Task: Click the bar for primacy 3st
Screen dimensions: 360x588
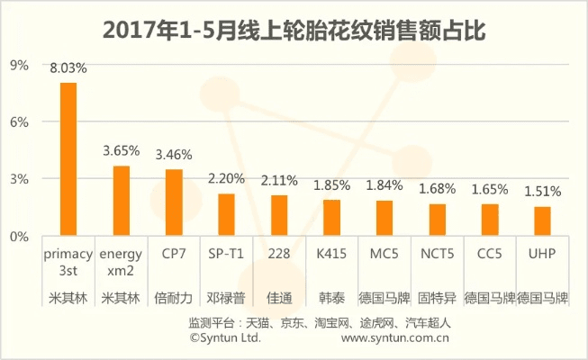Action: [x=68, y=159]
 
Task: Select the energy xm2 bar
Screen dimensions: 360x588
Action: [x=121, y=201]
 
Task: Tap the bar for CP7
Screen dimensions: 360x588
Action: [x=174, y=202]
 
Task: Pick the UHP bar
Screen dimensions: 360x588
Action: [x=542, y=221]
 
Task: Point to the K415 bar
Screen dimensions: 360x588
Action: [x=331, y=218]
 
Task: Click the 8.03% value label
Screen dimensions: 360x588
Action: [x=68, y=67]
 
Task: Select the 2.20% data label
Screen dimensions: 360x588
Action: [x=226, y=178]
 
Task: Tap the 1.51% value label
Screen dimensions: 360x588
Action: [x=543, y=191]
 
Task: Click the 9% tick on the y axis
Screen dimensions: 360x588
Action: [x=20, y=65]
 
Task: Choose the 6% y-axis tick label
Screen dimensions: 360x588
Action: [x=20, y=121]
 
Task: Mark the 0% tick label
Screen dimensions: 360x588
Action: [x=20, y=236]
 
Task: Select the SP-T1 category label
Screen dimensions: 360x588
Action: [x=226, y=255]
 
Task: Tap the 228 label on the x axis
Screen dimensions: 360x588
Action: [x=279, y=255]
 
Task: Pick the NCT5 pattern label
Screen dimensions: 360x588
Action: [x=438, y=255]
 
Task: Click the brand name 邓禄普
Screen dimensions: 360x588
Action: [x=226, y=296]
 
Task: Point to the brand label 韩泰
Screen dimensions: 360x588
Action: [x=331, y=296]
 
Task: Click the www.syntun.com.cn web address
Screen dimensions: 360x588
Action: [x=396, y=338]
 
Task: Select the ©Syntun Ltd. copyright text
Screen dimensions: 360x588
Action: [x=225, y=338]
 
